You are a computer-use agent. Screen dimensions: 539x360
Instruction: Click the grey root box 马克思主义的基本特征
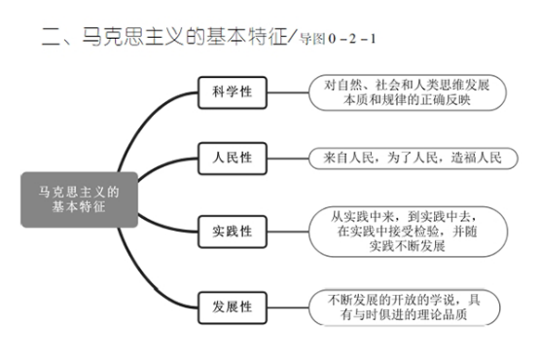click(80, 199)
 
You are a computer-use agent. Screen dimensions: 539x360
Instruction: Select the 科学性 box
click(233, 92)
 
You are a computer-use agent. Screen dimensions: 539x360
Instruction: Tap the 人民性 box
click(233, 159)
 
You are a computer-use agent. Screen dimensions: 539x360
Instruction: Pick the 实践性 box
click(233, 232)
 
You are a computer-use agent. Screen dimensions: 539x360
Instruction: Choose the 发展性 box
click(233, 307)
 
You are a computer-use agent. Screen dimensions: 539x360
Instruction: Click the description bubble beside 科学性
click(408, 92)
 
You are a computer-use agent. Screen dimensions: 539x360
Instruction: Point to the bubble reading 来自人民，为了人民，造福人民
click(413, 159)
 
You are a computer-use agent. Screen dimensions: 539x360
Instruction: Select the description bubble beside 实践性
click(408, 232)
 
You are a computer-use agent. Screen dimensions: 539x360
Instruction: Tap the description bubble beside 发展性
click(405, 307)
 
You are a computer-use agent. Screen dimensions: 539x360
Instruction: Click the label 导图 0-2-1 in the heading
click(338, 39)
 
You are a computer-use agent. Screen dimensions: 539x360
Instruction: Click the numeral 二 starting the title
click(51, 36)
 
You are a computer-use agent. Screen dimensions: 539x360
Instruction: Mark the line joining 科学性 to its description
click(288, 92)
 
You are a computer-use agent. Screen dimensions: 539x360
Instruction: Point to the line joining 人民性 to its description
click(288, 159)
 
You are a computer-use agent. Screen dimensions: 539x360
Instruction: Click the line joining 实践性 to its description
click(288, 232)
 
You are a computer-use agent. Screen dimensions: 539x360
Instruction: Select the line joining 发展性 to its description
click(288, 307)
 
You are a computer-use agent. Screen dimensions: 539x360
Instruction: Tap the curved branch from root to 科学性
click(143, 121)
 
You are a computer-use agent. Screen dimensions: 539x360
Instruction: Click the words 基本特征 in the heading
click(247, 36)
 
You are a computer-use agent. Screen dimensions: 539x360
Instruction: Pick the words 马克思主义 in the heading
click(133, 36)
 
